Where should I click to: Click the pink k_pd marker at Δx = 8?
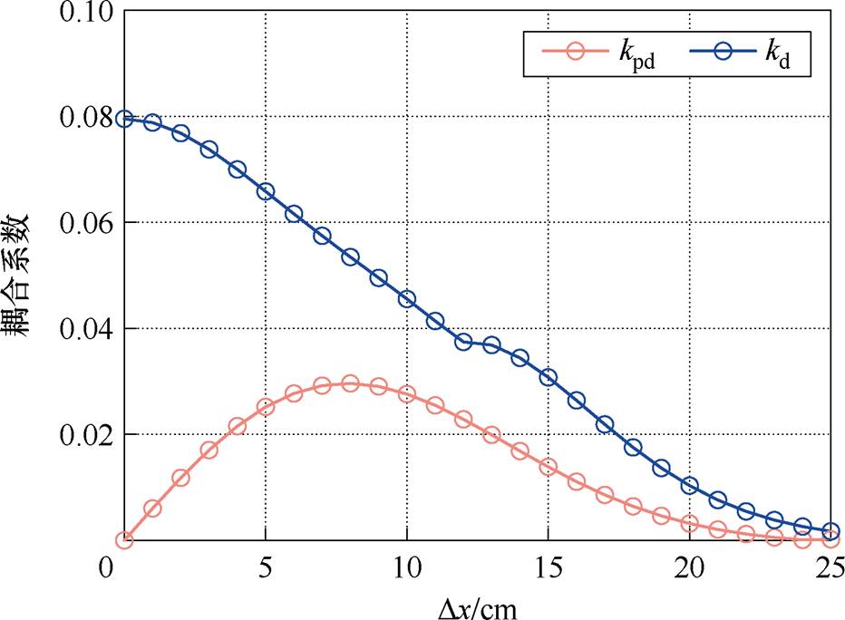(x=350, y=384)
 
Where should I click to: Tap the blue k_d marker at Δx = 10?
(x=407, y=299)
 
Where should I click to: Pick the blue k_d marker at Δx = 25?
(x=830, y=531)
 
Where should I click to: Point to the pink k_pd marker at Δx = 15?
(x=548, y=467)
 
